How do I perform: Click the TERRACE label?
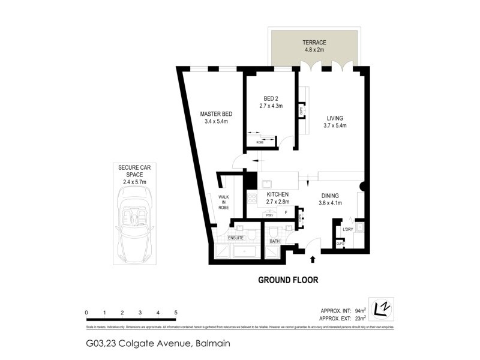click(314, 43)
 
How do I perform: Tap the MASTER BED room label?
click(216, 114)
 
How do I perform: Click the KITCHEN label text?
click(278, 194)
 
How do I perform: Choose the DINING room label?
click(330, 195)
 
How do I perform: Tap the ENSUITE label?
click(235, 238)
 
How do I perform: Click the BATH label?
click(275, 241)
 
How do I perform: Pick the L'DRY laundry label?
click(347, 230)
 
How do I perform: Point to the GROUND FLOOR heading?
click(288, 280)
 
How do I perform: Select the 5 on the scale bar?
click(175, 313)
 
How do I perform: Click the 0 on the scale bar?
click(87, 313)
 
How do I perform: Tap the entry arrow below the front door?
click(313, 259)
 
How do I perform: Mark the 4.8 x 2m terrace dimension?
click(314, 50)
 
